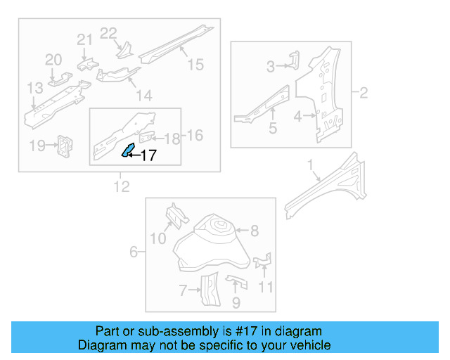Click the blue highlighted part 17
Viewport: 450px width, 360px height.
[129, 150]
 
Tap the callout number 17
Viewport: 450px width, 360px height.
[148, 156]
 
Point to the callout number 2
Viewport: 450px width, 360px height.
[364, 93]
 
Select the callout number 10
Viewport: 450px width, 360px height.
[158, 239]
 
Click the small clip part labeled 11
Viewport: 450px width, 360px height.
[263, 262]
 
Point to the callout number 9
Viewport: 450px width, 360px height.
[236, 303]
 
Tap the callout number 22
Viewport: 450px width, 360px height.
[108, 33]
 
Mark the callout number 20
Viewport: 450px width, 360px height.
[54, 60]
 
